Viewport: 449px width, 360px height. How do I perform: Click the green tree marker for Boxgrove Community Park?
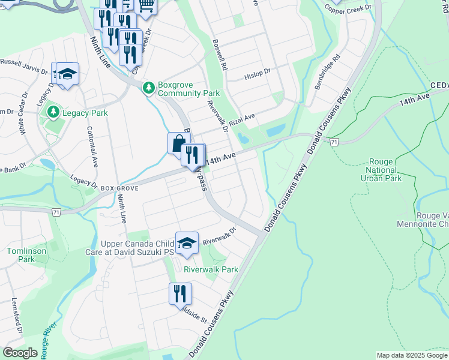[148, 88]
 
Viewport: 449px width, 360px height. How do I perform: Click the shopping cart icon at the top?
[146, 6]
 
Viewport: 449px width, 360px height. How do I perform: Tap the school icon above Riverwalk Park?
[187, 243]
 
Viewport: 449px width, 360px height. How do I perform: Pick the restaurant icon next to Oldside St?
[180, 294]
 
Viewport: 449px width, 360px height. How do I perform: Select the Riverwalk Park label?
[211, 270]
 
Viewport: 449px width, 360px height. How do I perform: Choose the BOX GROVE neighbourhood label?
[120, 188]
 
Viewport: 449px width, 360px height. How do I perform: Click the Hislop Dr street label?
[258, 77]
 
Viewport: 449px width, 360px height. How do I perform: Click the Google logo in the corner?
[20, 353]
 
